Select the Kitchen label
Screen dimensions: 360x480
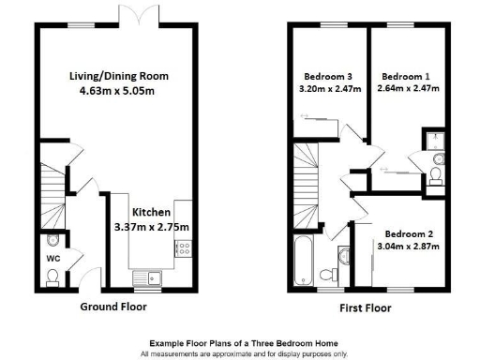151,212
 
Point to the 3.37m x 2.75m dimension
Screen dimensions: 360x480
151,227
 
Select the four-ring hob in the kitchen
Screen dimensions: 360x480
183,249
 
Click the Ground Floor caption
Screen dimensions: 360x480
113,306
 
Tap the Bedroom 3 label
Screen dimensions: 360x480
328,76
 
